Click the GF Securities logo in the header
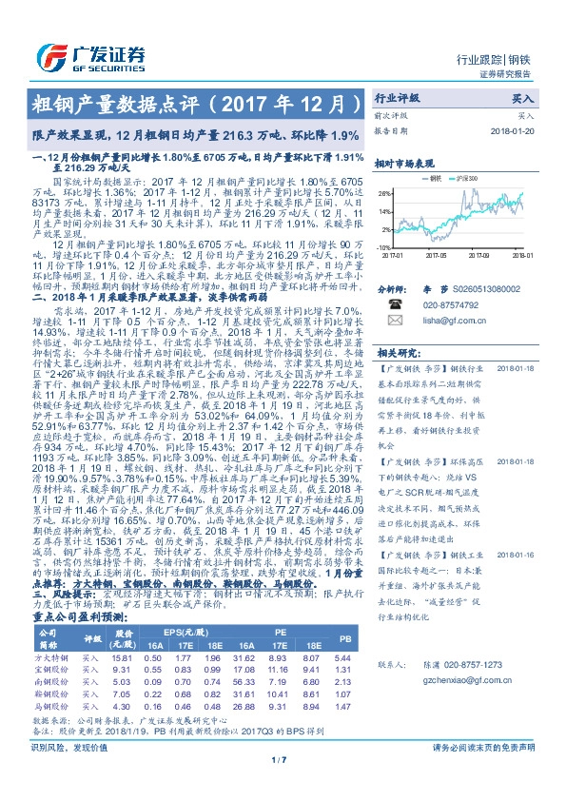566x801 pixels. (x=89, y=54)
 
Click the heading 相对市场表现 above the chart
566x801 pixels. (x=403, y=163)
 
